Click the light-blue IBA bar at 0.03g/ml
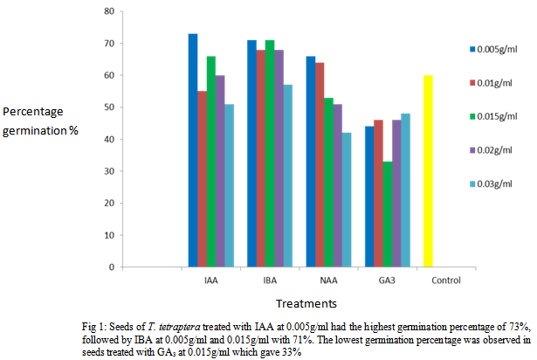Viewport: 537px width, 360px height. (x=289, y=176)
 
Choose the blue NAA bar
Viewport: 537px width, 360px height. (x=310, y=162)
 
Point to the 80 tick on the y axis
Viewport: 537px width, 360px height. (x=107, y=11)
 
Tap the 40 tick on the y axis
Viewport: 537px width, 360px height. (x=107, y=139)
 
